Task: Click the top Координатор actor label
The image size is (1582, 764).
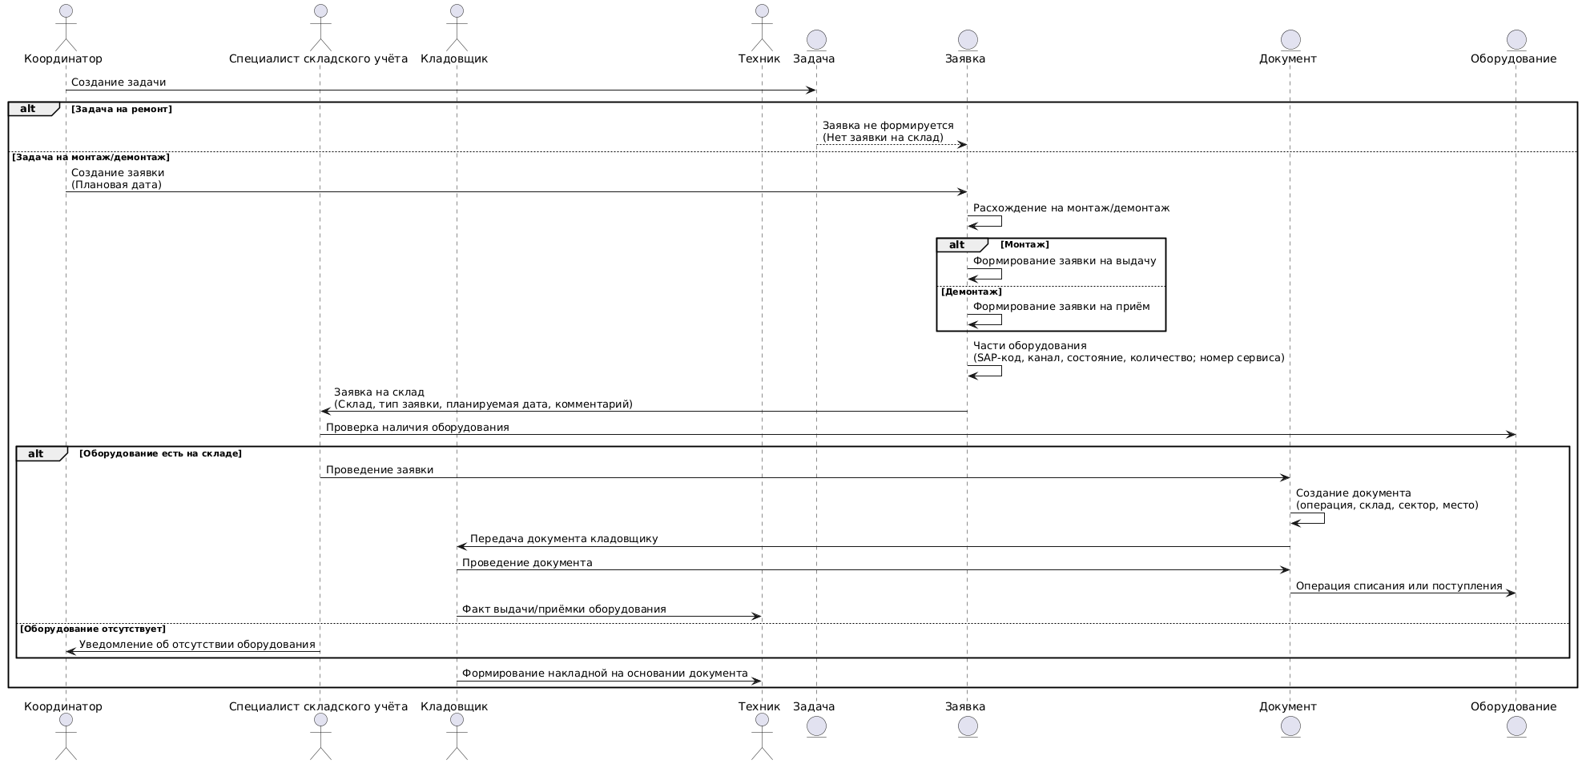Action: point(63,58)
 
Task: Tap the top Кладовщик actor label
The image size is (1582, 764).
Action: point(454,58)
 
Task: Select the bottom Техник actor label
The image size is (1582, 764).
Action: point(759,706)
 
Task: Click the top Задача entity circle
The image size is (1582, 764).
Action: point(815,39)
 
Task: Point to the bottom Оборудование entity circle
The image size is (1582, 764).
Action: point(1514,726)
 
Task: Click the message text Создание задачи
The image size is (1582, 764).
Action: point(119,82)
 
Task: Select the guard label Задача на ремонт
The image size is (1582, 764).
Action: point(122,109)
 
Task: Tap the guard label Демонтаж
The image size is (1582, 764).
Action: point(972,292)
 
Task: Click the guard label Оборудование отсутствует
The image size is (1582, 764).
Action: point(93,629)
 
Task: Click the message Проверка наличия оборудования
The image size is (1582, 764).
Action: point(917,435)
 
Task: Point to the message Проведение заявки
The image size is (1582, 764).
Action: point(804,478)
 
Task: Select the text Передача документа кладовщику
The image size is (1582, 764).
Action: point(564,539)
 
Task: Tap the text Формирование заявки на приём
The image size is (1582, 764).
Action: point(1061,307)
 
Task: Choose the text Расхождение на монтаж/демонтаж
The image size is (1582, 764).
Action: point(1071,208)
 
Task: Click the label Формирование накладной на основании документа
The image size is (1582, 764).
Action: point(605,674)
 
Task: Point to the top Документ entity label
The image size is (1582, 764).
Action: point(1287,58)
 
